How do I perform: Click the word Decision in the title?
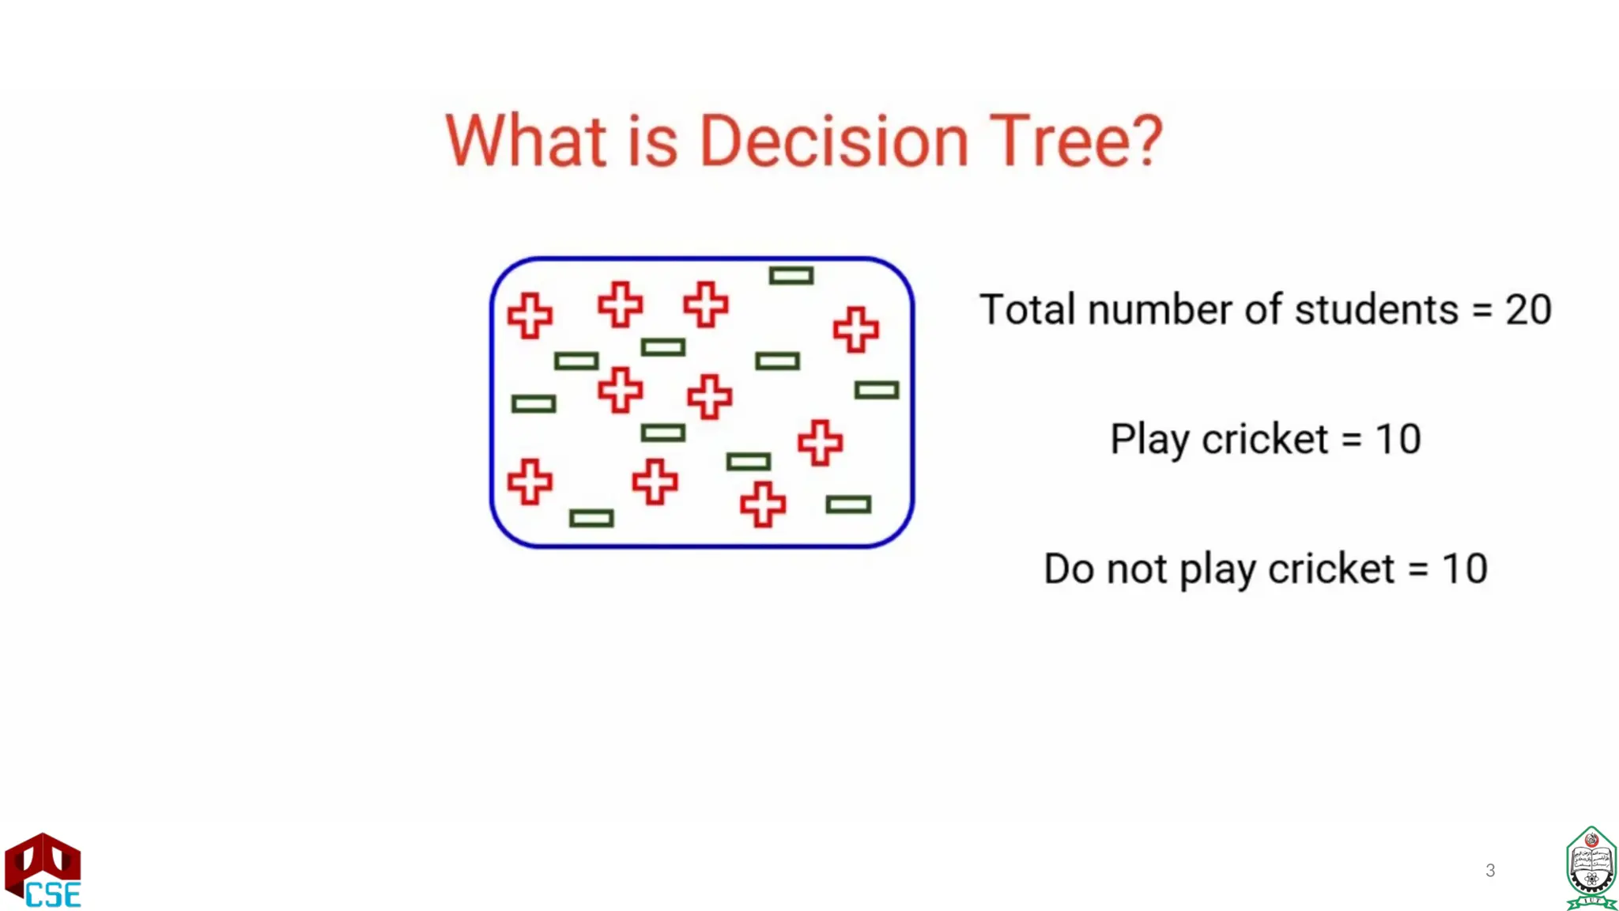pyautogui.click(x=834, y=142)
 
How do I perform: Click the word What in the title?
pyautogui.click(x=526, y=142)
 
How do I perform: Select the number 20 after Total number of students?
pyautogui.click(x=1528, y=309)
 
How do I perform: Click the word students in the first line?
pyautogui.click(x=1376, y=309)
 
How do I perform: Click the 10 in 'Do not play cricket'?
pyautogui.click(x=1465, y=569)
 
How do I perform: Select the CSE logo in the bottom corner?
pyautogui.click(x=43, y=871)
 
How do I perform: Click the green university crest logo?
pyautogui.click(x=1591, y=868)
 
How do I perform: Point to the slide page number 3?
pyautogui.click(x=1490, y=870)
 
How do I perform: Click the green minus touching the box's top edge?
pyautogui.click(x=791, y=275)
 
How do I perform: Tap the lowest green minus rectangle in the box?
pyautogui.click(x=591, y=518)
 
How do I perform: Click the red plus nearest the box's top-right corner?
pyautogui.click(x=856, y=329)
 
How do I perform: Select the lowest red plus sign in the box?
pyautogui.click(x=763, y=504)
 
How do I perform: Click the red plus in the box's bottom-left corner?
pyautogui.click(x=530, y=482)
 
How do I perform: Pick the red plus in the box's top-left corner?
pyautogui.click(x=530, y=316)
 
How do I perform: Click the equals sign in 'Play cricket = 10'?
pyautogui.click(x=1352, y=440)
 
